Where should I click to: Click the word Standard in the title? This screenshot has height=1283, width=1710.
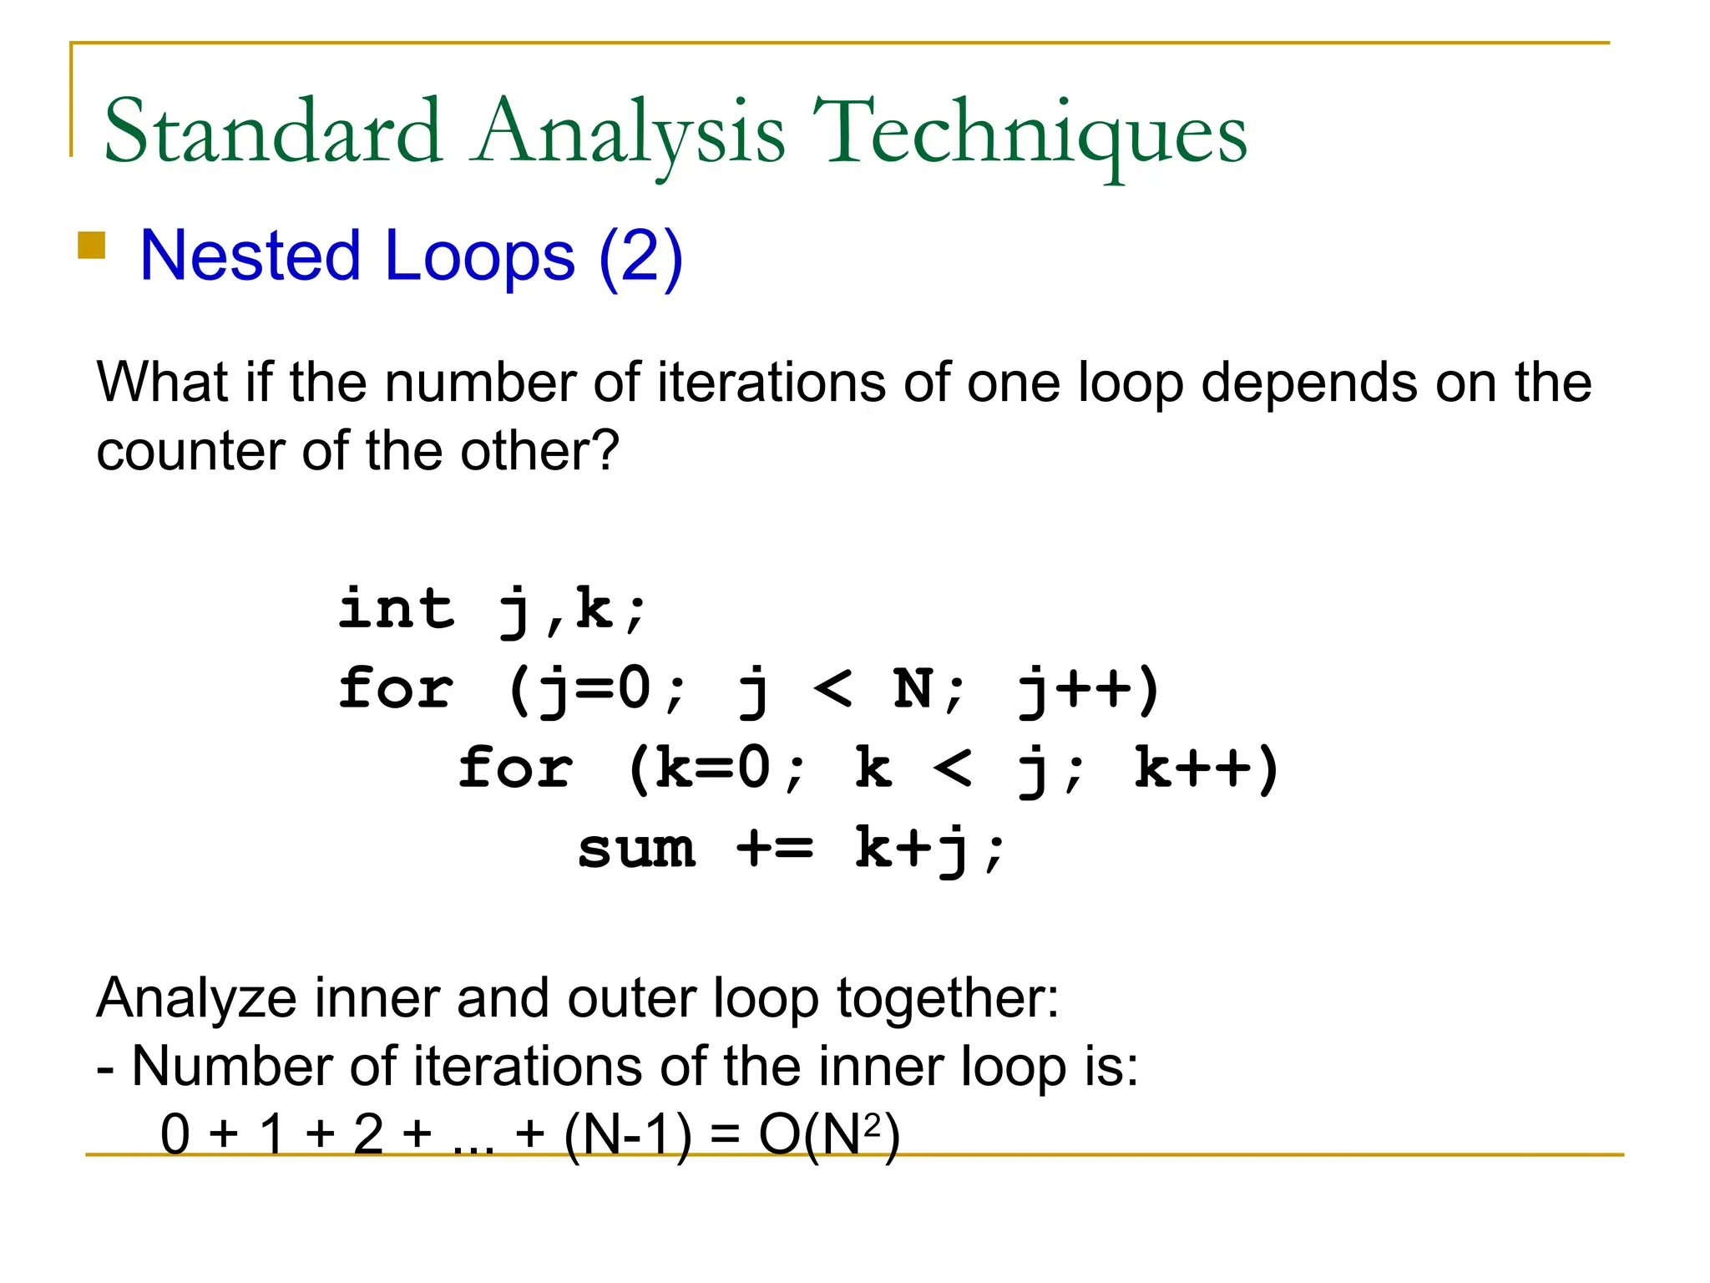272,132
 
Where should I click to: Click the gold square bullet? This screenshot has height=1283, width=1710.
91,246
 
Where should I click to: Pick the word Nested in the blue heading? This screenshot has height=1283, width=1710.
250,256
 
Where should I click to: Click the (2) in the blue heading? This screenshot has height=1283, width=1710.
640,256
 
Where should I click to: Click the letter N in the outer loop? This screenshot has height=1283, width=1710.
913,689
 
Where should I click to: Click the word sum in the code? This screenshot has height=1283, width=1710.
636,849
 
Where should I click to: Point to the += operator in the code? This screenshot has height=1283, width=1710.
774,849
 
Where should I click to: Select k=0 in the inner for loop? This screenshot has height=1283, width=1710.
712,768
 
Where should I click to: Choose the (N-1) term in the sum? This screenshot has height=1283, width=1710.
628,1135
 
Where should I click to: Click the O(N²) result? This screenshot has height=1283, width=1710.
829,1135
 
